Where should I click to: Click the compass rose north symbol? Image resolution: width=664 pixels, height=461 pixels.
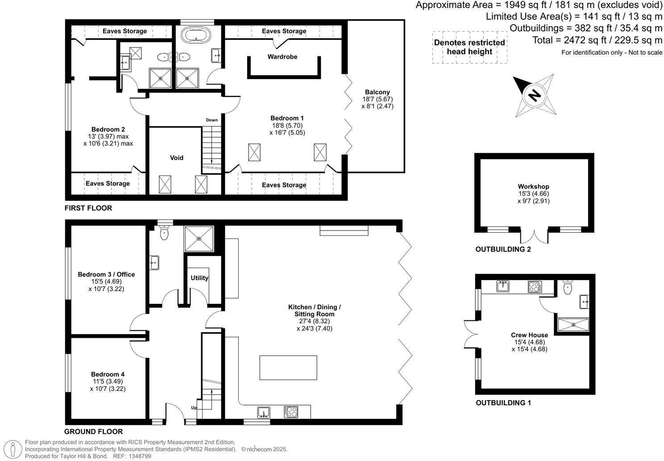(534, 95)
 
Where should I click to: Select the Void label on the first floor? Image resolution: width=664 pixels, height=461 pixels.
(177, 158)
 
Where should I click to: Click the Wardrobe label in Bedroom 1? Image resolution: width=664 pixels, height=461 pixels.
(282, 57)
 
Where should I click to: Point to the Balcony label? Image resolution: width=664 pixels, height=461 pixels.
(377, 92)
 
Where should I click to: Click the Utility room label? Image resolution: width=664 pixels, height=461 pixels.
(199, 278)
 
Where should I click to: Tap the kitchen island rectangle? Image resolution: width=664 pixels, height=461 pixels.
(288, 367)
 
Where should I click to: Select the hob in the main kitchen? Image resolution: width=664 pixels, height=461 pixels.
(291, 411)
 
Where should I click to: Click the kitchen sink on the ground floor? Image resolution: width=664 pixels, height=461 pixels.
(264, 411)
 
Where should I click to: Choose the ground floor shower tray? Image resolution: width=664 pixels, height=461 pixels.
(199, 239)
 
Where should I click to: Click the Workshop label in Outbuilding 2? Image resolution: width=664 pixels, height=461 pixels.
(533, 187)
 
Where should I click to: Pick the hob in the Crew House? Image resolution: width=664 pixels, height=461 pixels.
(534, 286)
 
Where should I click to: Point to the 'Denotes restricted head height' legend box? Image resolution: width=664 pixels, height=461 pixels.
(469, 47)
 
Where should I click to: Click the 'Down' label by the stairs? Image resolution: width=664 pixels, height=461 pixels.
(212, 120)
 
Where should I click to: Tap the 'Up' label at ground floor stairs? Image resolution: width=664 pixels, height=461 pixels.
(194, 408)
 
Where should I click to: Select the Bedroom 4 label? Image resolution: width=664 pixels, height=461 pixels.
(108, 374)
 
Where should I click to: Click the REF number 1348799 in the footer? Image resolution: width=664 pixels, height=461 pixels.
(139, 456)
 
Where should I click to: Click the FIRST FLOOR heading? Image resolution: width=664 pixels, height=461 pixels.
(88, 208)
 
